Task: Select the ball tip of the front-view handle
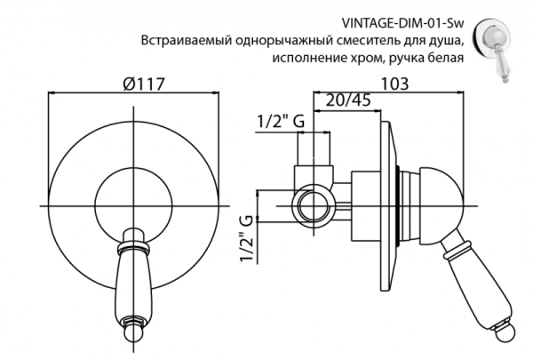(133, 336)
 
